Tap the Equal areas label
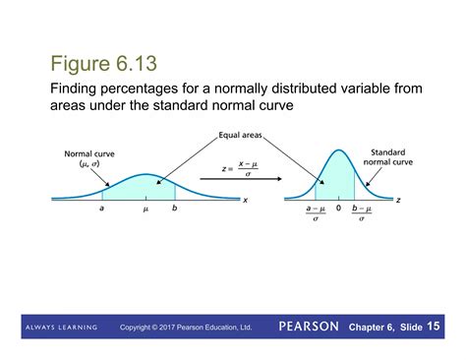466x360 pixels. [239, 136]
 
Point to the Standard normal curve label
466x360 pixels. [388, 158]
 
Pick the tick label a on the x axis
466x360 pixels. [102, 210]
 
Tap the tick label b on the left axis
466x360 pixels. [174, 210]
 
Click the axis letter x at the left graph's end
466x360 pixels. [245, 200]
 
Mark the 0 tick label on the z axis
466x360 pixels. [336, 210]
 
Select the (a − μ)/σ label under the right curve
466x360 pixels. [316, 213]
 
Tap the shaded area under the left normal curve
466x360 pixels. [143, 189]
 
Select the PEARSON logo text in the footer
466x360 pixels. [308, 326]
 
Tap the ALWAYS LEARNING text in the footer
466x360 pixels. [60, 327]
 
